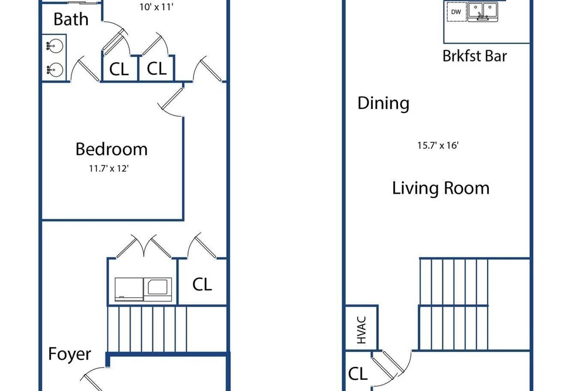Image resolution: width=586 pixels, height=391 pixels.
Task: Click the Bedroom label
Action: click(x=111, y=149)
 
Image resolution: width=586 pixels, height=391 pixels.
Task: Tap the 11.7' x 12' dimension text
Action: click(x=109, y=169)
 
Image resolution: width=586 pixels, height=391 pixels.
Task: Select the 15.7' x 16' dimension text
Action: click(x=438, y=145)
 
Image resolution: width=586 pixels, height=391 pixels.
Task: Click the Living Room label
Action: click(x=441, y=188)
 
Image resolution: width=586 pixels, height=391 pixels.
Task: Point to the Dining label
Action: click(x=383, y=103)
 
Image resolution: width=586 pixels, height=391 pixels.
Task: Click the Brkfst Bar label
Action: click(x=475, y=56)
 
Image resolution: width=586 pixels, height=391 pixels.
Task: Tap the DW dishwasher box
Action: click(x=456, y=12)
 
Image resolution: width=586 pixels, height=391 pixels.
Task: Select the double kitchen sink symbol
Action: click(x=483, y=12)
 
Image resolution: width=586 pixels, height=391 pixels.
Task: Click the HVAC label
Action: click(x=362, y=330)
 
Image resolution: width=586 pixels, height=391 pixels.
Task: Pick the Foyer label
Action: click(x=70, y=354)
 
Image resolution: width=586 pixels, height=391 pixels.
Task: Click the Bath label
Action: click(x=71, y=19)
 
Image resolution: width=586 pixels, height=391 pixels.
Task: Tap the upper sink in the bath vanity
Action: click(x=54, y=46)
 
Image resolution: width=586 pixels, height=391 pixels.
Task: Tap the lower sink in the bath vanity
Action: click(x=54, y=70)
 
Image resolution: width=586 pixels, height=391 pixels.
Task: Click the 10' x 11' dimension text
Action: click(x=156, y=6)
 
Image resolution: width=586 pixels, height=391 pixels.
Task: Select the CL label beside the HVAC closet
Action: click(x=357, y=373)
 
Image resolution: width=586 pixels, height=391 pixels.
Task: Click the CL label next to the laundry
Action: click(x=202, y=284)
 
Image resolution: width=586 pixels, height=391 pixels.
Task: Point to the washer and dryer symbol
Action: click(x=143, y=290)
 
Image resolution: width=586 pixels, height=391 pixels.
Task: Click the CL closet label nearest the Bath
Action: click(x=119, y=69)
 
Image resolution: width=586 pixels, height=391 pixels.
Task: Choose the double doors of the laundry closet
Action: click(x=144, y=247)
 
